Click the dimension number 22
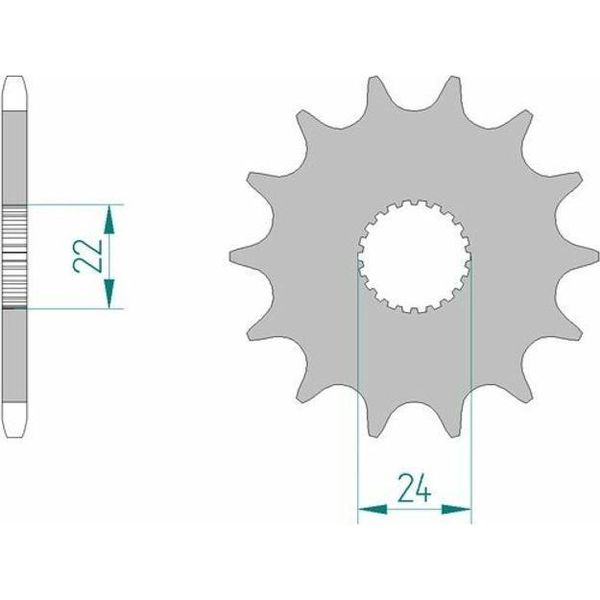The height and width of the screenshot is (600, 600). pyautogui.click(x=88, y=256)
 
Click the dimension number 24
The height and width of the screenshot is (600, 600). pyautogui.click(x=414, y=488)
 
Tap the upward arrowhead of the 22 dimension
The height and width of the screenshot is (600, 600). pyautogui.click(x=109, y=219)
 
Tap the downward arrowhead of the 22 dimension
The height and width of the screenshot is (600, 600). pyautogui.click(x=109, y=293)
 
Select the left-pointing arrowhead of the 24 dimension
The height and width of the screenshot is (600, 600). pyautogui.click(x=372, y=509)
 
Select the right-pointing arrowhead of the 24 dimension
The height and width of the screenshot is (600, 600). pyautogui.click(x=457, y=509)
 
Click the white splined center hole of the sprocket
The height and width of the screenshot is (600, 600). pyautogui.click(x=415, y=256)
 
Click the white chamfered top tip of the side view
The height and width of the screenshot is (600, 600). pyautogui.click(x=15, y=93)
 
